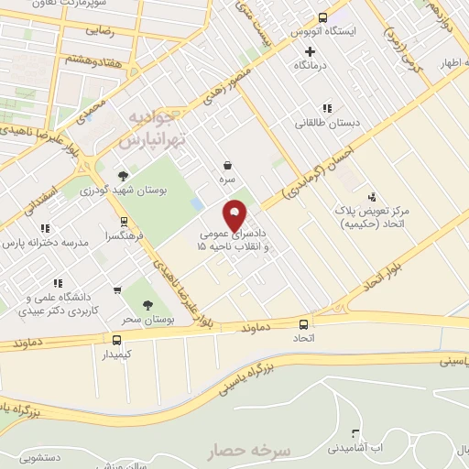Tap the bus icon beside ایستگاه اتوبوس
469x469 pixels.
[x=322, y=17]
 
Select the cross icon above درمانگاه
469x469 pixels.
[x=310, y=51]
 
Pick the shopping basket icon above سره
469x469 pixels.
[x=226, y=166]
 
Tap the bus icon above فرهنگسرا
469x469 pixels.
[x=124, y=222]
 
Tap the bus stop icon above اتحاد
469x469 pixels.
[x=304, y=324]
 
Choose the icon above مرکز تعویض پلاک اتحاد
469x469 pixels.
[x=371, y=197]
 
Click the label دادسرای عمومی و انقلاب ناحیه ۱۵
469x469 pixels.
[x=235, y=240]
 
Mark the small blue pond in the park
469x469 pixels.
[x=197, y=202]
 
